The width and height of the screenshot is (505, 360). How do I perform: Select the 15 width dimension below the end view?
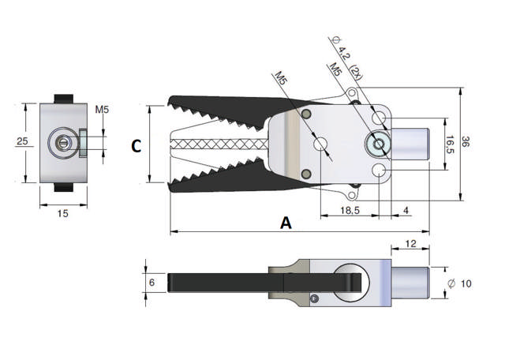(62, 214)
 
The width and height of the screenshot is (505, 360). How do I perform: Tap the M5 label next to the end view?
(102, 109)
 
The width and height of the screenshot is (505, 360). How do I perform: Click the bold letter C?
(136, 146)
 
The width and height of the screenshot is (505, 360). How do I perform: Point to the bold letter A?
(286, 223)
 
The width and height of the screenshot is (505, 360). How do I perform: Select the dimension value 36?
(466, 143)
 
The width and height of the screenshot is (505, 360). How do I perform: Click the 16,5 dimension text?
(450, 145)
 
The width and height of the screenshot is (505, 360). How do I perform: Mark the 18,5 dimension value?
(349, 210)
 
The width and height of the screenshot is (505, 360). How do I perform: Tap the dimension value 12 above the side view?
(410, 245)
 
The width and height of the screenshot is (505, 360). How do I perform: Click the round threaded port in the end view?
(62, 142)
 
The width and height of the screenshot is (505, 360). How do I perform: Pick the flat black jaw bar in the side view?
(229, 282)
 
